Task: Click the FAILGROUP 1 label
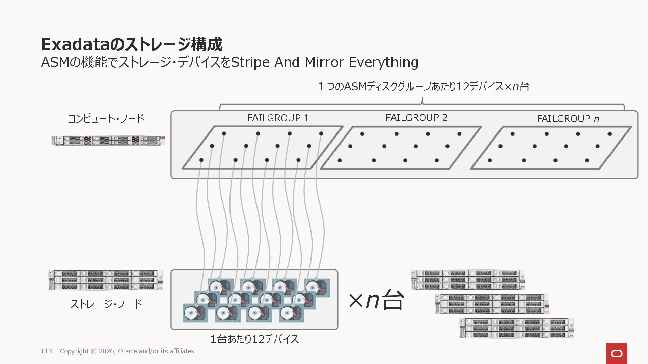pyautogui.click(x=278, y=118)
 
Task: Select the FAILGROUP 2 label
pyautogui.click(x=416, y=118)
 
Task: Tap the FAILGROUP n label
pyautogui.click(x=568, y=119)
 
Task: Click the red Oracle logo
pyautogui.click(x=616, y=353)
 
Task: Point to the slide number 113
pyautogui.click(x=46, y=351)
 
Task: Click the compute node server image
pyautogui.click(x=108, y=141)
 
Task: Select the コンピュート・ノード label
pyautogui.click(x=106, y=119)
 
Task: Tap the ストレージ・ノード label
pyautogui.click(x=106, y=304)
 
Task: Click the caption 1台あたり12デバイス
pyautogui.click(x=254, y=339)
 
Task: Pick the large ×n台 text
pyautogui.click(x=376, y=300)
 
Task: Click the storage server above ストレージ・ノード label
pyautogui.click(x=106, y=280)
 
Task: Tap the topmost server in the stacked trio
pyautogui.click(x=468, y=279)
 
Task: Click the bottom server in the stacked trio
pyautogui.click(x=516, y=328)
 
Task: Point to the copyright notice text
pyautogui.click(x=127, y=351)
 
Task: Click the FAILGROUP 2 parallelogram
pyautogui.click(x=400, y=148)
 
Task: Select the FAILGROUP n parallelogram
pyautogui.click(x=551, y=148)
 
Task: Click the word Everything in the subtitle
pyautogui.click(x=383, y=62)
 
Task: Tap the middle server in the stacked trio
pyautogui.click(x=492, y=304)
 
